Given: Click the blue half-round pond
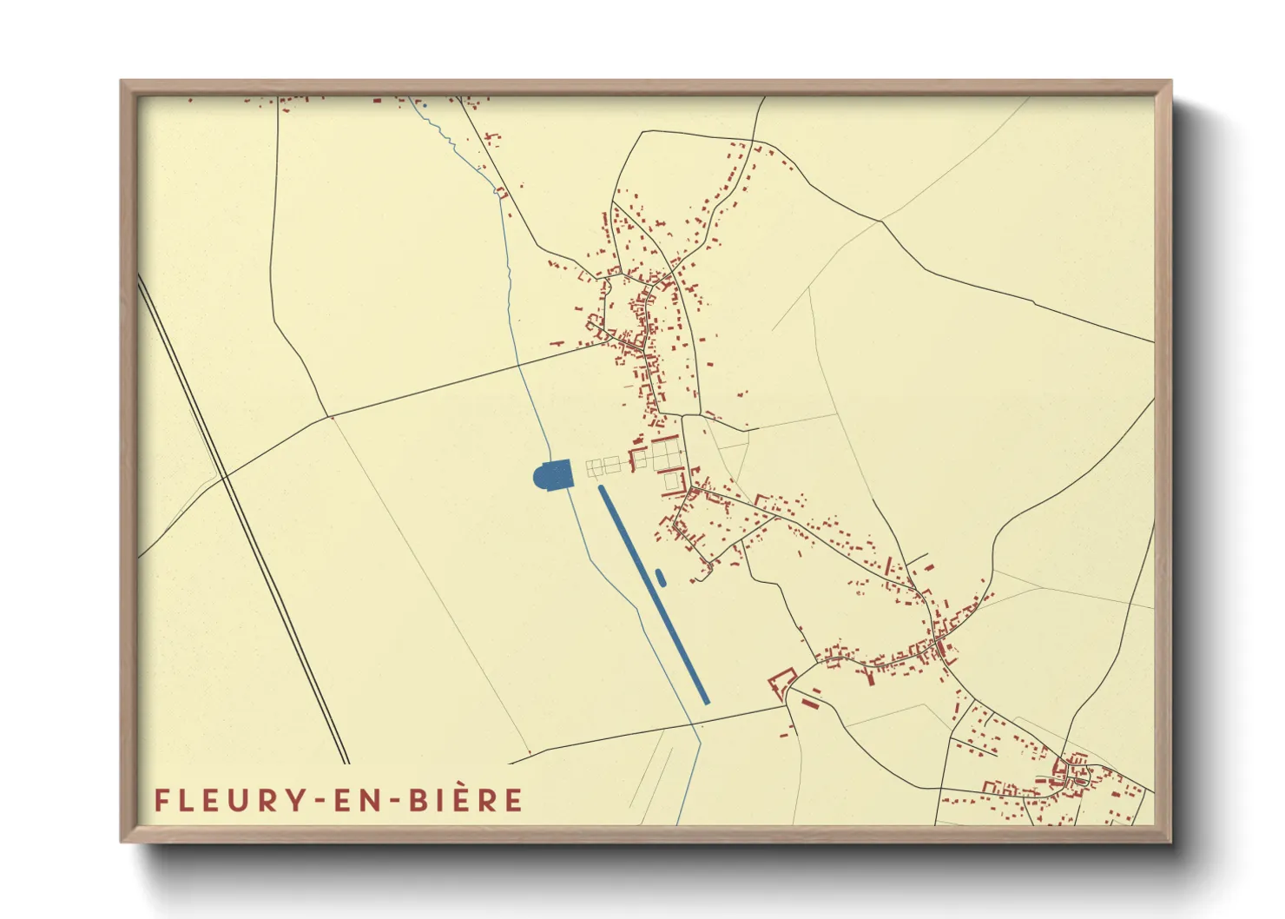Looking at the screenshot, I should click(553, 474).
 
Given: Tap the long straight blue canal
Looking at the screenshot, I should click(653, 594).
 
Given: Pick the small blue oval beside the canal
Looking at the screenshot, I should click(661, 577).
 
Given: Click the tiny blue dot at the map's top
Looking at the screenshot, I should click(425, 106).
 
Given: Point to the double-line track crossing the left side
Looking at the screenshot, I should click(243, 521).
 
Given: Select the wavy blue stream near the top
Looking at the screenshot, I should click(451, 139).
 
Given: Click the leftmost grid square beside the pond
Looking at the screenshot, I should click(594, 468).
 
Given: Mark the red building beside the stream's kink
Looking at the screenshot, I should click(500, 192).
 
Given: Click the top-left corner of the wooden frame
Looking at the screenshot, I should click(122, 83).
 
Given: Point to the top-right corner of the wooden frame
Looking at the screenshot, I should click(1170, 83).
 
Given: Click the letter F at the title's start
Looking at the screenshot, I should click(161, 800).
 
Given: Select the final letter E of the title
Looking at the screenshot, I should click(513, 800).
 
